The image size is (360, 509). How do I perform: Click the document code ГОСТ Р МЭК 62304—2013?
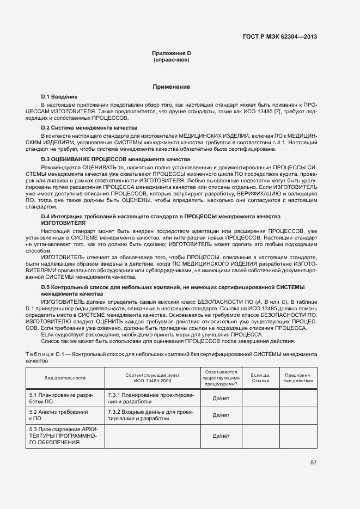tap(279, 37)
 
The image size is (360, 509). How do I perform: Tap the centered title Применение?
tap(171, 87)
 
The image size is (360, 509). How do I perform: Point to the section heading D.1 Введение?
tap(59, 96)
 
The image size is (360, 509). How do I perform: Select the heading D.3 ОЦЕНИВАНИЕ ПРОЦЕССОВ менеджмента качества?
tap(108, 158)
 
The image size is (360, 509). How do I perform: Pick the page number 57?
tap(313, 463)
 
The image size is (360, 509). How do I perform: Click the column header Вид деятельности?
tap(65, 378)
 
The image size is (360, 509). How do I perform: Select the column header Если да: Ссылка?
tap(260, 378)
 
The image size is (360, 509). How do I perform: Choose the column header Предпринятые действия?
tap(298, 378)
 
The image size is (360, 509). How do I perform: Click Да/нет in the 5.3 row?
tap(221, 436)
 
